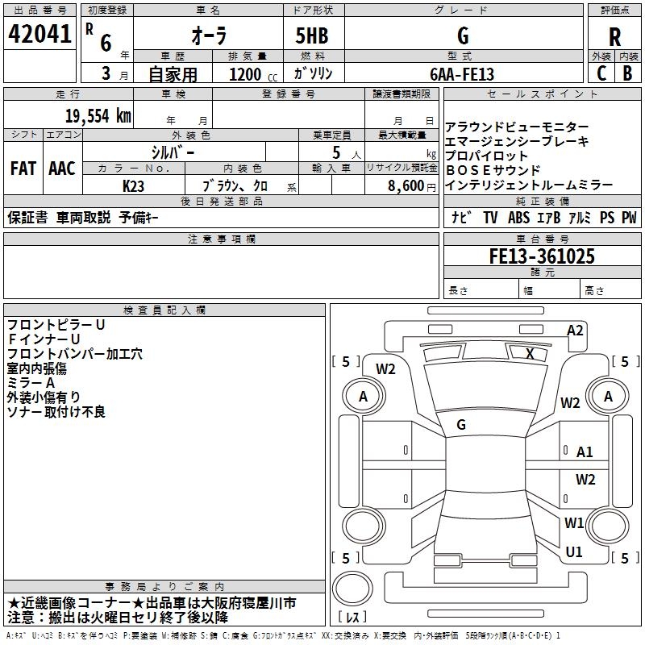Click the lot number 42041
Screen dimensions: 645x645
40,34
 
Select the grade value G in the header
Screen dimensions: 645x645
463,35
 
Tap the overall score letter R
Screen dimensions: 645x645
614,37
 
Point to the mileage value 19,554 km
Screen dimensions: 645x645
98,116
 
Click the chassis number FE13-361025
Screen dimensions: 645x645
542,256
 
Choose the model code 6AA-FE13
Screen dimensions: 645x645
462,74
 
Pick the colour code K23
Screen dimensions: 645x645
133,186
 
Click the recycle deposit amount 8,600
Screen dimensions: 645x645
406,185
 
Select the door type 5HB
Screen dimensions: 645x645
312,35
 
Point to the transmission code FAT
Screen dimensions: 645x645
23,169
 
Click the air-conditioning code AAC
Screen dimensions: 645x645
62,169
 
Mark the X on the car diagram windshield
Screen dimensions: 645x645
530,353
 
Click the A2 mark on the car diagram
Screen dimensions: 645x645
575,331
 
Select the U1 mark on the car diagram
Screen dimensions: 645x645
574,551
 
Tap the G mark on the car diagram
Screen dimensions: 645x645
461,425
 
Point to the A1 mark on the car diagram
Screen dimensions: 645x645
585,452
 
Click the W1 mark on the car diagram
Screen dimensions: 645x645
574,522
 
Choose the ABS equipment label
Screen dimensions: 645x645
518,218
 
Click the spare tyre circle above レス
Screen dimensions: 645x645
352,589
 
